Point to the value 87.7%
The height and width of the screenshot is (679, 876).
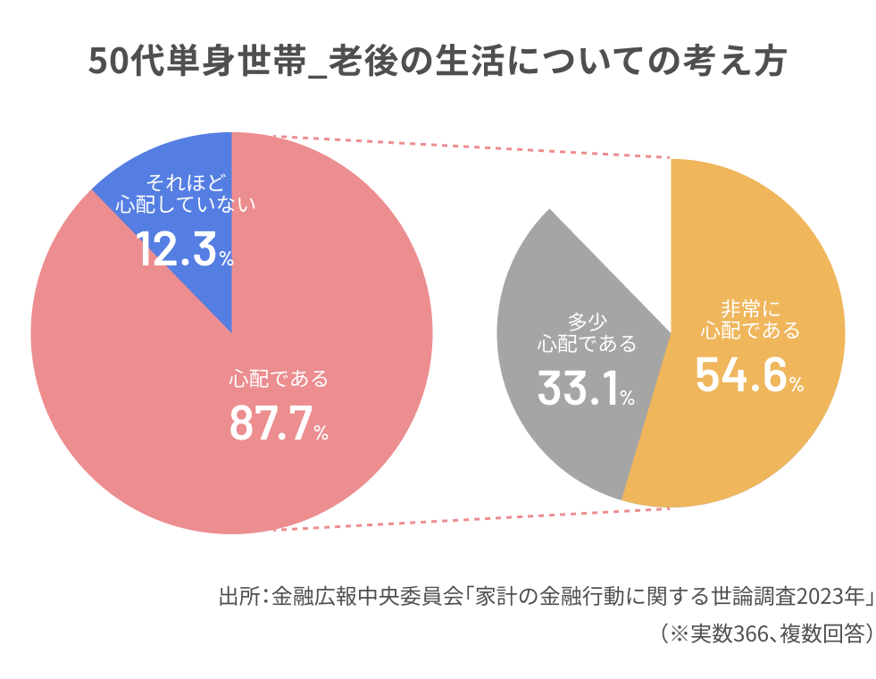click(279, 423)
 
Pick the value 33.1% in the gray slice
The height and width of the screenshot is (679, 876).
click(586, 387)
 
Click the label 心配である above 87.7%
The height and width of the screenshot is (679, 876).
click(279, 379)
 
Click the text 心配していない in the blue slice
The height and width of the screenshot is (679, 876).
click(186, 204)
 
